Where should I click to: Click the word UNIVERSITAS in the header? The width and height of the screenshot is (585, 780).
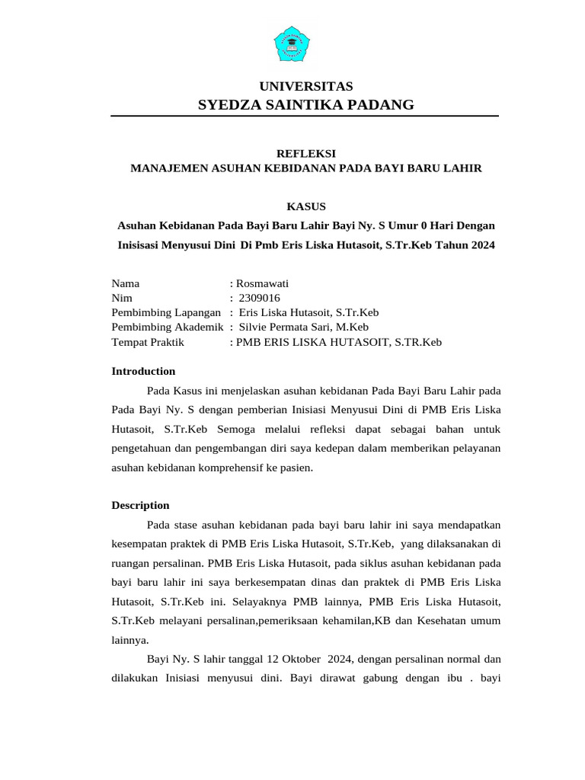click(306, 86)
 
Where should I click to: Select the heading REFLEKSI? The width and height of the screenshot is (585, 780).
click(305, 153)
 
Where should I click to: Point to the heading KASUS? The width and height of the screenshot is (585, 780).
click(305, 206)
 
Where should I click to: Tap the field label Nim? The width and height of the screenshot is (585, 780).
click(122, 298)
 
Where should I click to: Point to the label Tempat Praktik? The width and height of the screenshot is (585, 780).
click(148, 342)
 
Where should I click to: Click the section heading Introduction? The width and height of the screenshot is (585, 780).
click(143, 371)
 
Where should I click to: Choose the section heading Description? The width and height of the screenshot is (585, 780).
click(140, 505)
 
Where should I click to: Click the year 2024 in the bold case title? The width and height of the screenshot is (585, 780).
click(481, 245)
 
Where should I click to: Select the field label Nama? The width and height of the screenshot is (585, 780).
click(126, 283)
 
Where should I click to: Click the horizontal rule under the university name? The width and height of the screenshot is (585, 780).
click(305, 116)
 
